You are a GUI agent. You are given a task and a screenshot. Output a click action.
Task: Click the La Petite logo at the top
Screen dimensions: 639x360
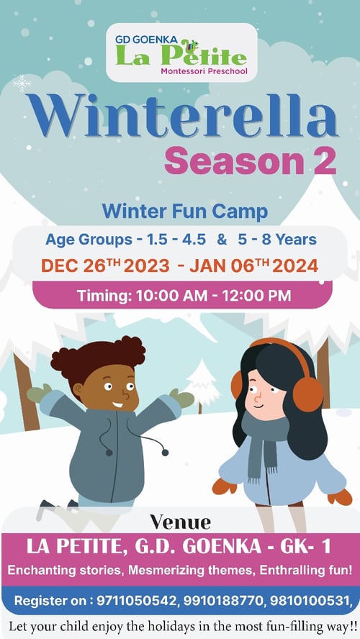tap(181, 52)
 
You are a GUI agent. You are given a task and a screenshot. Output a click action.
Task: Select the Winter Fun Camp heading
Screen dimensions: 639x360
tap(184, 212)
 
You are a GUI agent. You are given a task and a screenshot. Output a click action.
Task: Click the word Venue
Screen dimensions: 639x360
tap(180, 522)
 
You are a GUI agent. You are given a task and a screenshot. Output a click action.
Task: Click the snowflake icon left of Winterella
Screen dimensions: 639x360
tap(22, 83)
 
